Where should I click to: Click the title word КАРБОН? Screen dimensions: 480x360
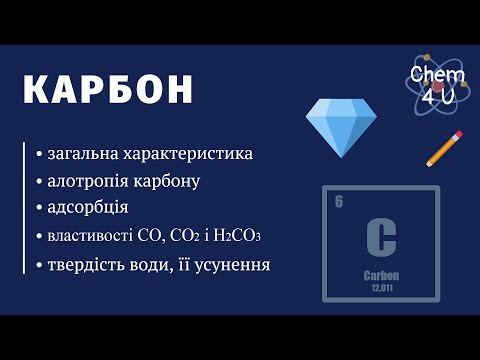[108, 90]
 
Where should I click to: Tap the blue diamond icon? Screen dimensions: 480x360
[341, 128]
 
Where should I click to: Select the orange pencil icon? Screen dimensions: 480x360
[444, 149]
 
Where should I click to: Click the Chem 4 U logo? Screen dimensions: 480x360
[438, 85]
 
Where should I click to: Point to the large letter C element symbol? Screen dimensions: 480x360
[381, 237]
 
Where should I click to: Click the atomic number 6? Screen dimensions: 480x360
[339, 202]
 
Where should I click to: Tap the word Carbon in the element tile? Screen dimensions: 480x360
[381, 276]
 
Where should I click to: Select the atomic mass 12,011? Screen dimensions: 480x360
[382, 288]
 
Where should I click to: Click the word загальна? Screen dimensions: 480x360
[83, 154]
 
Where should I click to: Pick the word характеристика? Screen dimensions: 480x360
[188, 154]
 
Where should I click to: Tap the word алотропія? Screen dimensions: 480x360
[88, 181]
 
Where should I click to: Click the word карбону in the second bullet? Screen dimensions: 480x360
[167, 182]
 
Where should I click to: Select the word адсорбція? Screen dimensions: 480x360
[88, 207]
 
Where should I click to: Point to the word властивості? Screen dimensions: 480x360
[90, 236]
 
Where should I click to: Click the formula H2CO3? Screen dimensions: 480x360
[237, 236]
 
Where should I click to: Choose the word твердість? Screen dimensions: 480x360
[88, 265]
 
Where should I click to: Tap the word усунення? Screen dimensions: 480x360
[232, 265]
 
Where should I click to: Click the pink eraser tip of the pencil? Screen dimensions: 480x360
[458, 135]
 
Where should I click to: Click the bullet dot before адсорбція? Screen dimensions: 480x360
[40, 208]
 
